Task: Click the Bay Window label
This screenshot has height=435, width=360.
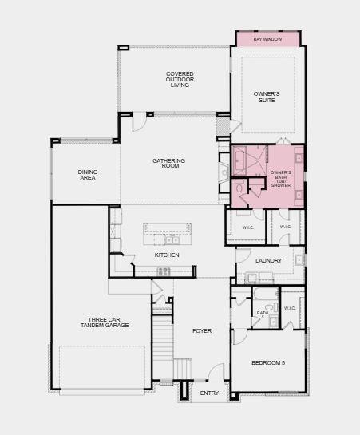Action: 267,39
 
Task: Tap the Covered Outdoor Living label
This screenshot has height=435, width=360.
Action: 180,79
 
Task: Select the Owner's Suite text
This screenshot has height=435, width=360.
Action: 267,97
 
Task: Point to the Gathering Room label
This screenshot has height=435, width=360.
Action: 168,163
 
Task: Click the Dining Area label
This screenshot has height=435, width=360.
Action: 88,175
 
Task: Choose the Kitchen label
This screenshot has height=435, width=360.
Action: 167,255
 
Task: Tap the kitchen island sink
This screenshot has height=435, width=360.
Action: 172,240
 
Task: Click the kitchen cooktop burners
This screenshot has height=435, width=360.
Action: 164,271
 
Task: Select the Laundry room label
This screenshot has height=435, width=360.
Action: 268,261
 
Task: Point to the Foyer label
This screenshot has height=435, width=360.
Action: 202,330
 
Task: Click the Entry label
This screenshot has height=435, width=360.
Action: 209,393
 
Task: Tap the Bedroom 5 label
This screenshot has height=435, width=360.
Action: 268,363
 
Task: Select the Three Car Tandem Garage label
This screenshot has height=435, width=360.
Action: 105,322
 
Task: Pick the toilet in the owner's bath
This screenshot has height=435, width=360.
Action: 239,187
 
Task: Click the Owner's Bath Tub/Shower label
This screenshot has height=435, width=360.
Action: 281,179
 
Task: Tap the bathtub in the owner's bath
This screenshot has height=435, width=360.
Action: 239,161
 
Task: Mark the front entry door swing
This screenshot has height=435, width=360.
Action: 216,372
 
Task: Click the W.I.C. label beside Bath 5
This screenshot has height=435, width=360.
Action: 290,308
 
